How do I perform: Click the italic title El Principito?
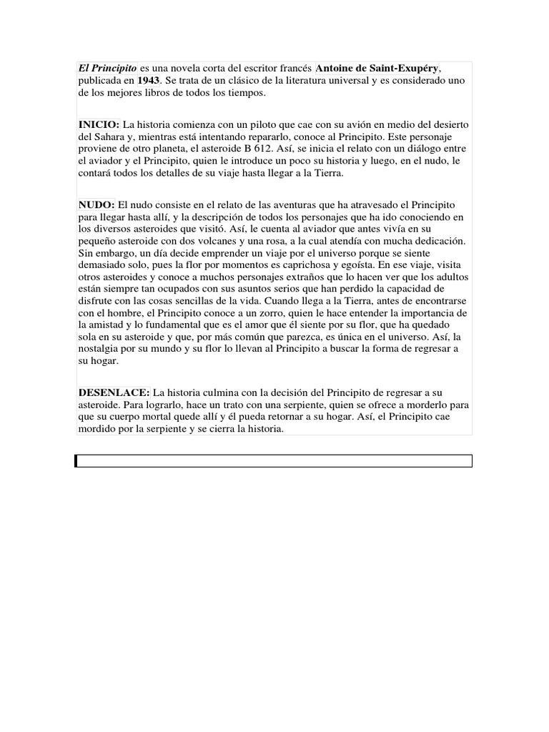pos(108,68)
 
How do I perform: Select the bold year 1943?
pos(149,81)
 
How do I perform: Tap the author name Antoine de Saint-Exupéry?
pos(378,68)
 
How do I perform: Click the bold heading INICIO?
pos(99,124)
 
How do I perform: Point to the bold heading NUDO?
pos(97,204)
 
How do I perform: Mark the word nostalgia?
pos(102,349)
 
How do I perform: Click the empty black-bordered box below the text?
pos(274,461)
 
